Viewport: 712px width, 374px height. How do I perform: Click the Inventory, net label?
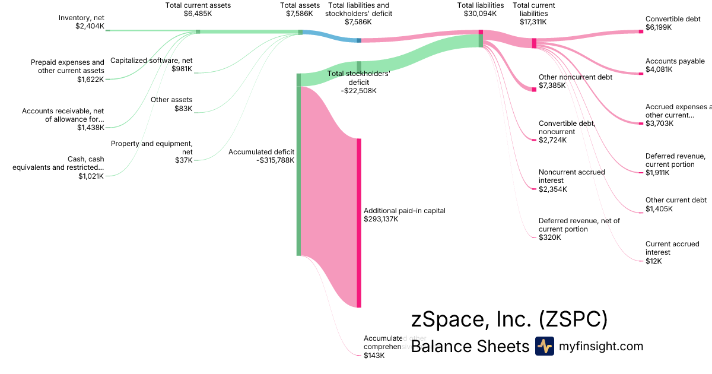point(81,18)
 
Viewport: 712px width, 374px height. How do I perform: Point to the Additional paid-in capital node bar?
point(358,223)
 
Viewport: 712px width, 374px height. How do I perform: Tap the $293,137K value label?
point(381,219)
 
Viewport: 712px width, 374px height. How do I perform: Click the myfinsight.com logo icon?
point(544,346)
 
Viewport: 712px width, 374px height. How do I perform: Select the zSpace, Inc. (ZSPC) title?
point(509,319)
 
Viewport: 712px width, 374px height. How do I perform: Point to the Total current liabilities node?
point(534,43)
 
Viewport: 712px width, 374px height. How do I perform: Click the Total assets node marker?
point(300,32)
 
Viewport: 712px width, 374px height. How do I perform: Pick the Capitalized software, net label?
point(151,61)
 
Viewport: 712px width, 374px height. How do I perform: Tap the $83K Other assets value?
point(183,109)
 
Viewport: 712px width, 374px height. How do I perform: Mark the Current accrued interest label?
point(672,248)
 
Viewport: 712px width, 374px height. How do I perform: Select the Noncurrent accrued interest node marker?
point(534,189)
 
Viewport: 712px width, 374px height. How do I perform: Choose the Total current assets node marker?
point(198,31)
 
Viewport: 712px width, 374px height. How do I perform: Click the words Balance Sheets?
point(469,346)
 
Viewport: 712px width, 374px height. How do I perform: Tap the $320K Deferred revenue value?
point(549,237)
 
